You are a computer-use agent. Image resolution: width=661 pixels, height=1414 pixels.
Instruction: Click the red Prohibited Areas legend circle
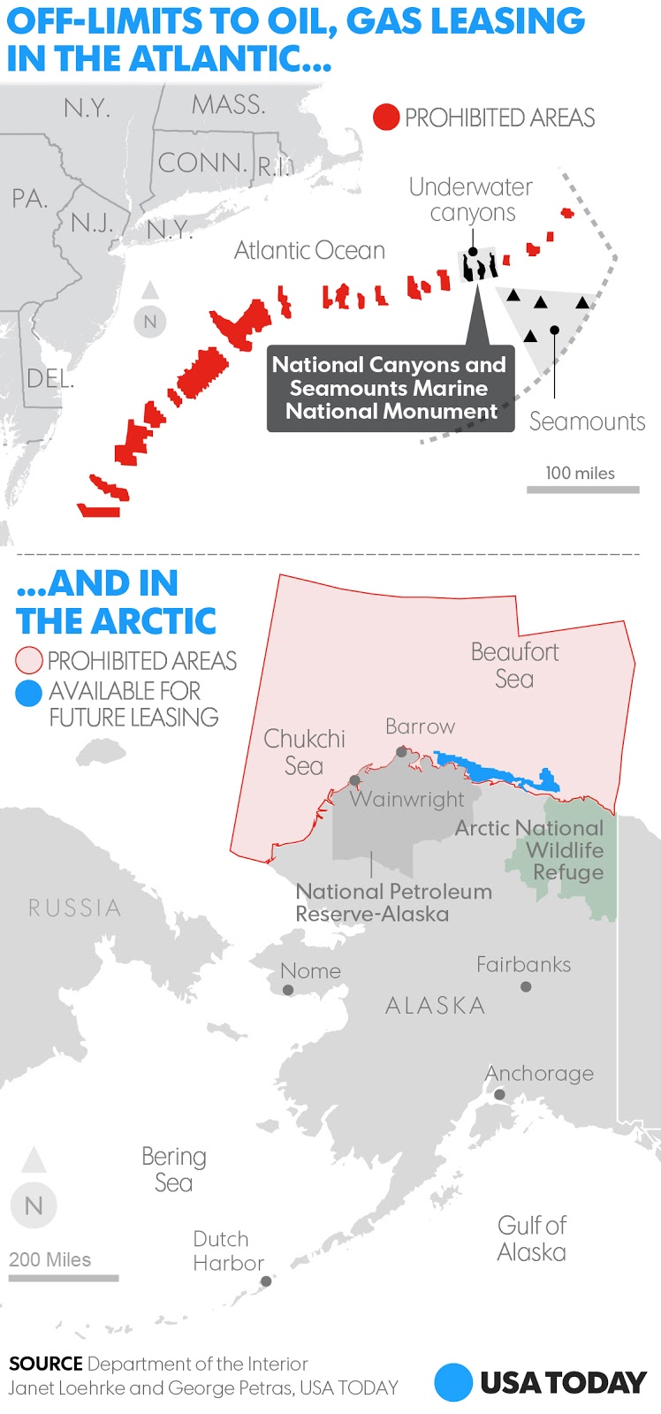pyautogui.click(x=386, y=118)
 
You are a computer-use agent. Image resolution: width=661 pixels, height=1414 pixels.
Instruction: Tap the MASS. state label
pyautogui.click(x=228, y=105)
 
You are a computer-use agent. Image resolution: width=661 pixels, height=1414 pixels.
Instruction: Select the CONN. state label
pyautogui.click(x=202, y=163)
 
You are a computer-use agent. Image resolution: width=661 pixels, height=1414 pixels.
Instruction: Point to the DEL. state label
pyautogui.click(x=49, y=378)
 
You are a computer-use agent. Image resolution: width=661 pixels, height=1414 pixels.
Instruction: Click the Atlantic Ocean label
pyautogui.click(x=309, y=251)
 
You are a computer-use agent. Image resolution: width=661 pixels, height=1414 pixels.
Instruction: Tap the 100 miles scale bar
pyautogui.click(x=582, y=489)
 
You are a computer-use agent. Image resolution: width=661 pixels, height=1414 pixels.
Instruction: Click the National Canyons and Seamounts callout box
pyautogui.click(x=390, y=388)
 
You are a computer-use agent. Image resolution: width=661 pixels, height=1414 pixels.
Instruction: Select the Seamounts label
pyautogui.click(x=587, y=422)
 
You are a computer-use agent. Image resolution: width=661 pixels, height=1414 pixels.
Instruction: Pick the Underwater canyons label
pyautogui.click(x=470, y=200)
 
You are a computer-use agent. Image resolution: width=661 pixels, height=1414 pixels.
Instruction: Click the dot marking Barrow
pyautogui.click(x=402, y=752)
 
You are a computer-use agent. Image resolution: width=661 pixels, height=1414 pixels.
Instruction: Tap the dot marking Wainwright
pyautogui.click(x=354, y=780)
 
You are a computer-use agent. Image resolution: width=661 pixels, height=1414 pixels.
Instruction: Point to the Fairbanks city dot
pyautogui.click(x=526, y=986)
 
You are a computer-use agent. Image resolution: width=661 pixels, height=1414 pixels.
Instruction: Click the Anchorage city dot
pyautogui.click(x=499, y=1094)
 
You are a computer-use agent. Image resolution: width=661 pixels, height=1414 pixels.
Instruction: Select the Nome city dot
pyautogui.click(x=288, y=990)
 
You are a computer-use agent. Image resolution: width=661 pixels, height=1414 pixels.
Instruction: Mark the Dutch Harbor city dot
pyautogui.click(x=266, y=1281)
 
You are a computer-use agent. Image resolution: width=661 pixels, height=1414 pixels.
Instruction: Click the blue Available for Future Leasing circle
pyautogui.click(x=29, y=693)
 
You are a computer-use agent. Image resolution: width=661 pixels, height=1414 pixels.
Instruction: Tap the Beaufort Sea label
pyautogui.click(x=514, y=665)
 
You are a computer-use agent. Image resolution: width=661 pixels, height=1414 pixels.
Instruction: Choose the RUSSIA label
pyautogui.click(x=74, y=908)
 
